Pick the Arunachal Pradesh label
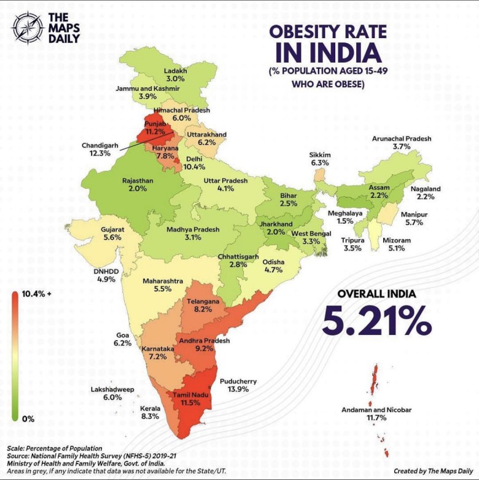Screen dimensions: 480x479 (402, 139)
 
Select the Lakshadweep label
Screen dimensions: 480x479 (113, 390)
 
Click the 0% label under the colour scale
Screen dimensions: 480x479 (28, 419)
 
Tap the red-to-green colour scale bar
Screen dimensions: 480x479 (14, 356)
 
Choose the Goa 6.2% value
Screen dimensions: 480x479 (123, 343)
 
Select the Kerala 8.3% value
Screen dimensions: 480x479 (150, 416)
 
